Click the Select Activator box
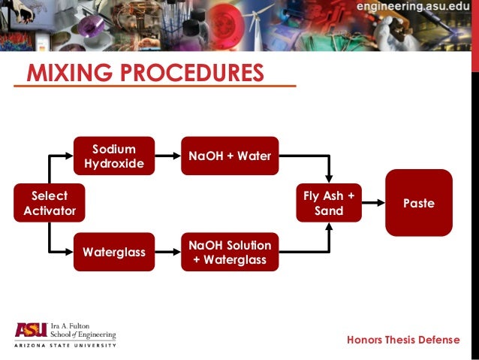(x=50, y=203)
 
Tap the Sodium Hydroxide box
(x=114, y=156)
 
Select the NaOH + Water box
(x=230, y=156)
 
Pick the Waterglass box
(x=114, y=252)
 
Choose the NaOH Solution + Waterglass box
(x=230, y=252)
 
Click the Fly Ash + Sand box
(x=329, y=203)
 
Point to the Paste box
(x=419, y=203)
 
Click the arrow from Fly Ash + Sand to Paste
(x=373, y=203)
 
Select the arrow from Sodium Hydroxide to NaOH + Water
(x=168, y=156)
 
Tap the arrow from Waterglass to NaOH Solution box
(x=168, y=252)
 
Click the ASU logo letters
(x=30, y=330)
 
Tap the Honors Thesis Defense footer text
(x=403, y=340)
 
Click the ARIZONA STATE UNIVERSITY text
(x=65, y=346)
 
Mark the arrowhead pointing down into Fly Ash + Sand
(x=329, y=177)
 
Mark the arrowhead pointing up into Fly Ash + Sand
(x=329, y=227)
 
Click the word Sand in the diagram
(x=329, y=210)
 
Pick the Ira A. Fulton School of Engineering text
(x=83, y=331)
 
